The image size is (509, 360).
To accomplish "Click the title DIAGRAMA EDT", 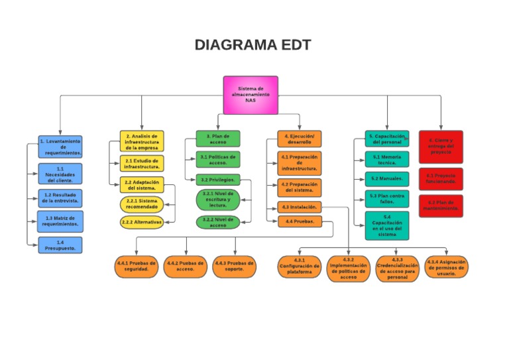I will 253,45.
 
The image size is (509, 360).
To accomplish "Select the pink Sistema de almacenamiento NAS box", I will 250,95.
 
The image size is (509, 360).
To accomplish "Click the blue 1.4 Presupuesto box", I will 60,245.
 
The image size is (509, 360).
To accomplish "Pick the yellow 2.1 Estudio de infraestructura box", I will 142,163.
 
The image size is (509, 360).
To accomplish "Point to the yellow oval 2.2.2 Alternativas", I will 141,222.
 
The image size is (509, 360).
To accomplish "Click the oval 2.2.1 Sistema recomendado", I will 142,204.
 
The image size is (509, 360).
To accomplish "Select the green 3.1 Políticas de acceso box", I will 218,159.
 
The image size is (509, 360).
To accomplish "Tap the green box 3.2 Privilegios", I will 218,180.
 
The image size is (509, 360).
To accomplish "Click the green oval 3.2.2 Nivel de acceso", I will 217,222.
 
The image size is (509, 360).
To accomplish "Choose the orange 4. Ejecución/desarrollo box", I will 299,138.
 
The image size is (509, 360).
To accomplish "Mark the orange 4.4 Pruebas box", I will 300,221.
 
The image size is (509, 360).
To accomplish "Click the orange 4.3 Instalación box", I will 300,207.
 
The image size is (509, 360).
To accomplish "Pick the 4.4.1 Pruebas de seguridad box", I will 136,266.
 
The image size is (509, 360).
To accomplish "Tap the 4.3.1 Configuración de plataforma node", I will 299,267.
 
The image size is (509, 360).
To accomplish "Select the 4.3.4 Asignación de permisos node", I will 446,267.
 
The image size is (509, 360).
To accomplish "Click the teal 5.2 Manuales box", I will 386,179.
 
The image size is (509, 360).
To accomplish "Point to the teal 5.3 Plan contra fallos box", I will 386,198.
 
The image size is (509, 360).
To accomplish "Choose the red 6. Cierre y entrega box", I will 441,146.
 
